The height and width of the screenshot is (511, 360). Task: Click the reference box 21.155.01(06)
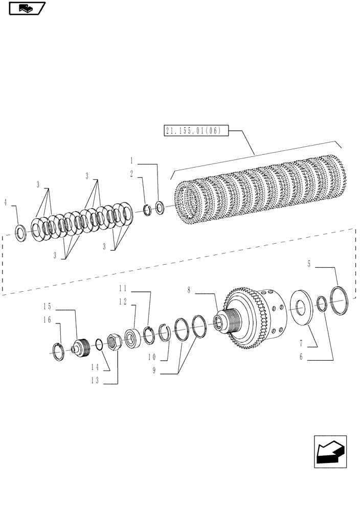coord(192,131)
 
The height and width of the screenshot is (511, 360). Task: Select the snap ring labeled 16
coord(60,353)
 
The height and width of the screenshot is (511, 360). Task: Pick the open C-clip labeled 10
coord(163,333)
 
